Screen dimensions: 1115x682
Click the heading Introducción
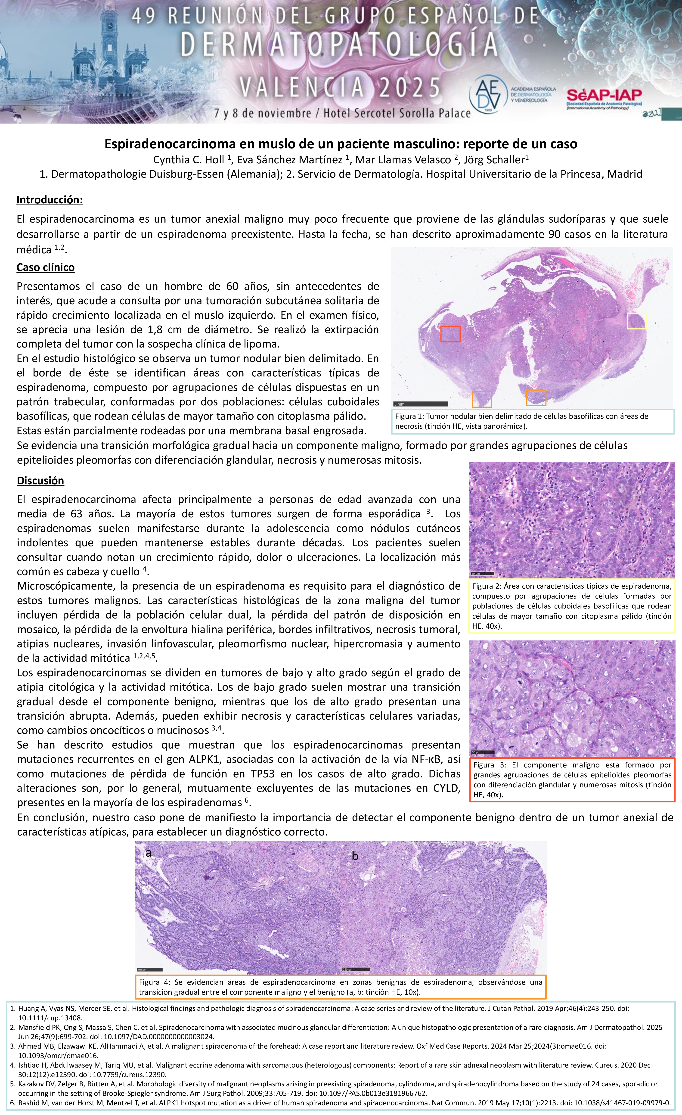(x=49, y=199)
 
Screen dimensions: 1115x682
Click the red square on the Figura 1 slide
(x=450, y=334)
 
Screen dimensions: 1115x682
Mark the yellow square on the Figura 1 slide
(x=636, y=321)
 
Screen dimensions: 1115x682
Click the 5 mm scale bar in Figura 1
(x=420, y=404)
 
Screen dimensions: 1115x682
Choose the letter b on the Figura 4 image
(x=355, y=856)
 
